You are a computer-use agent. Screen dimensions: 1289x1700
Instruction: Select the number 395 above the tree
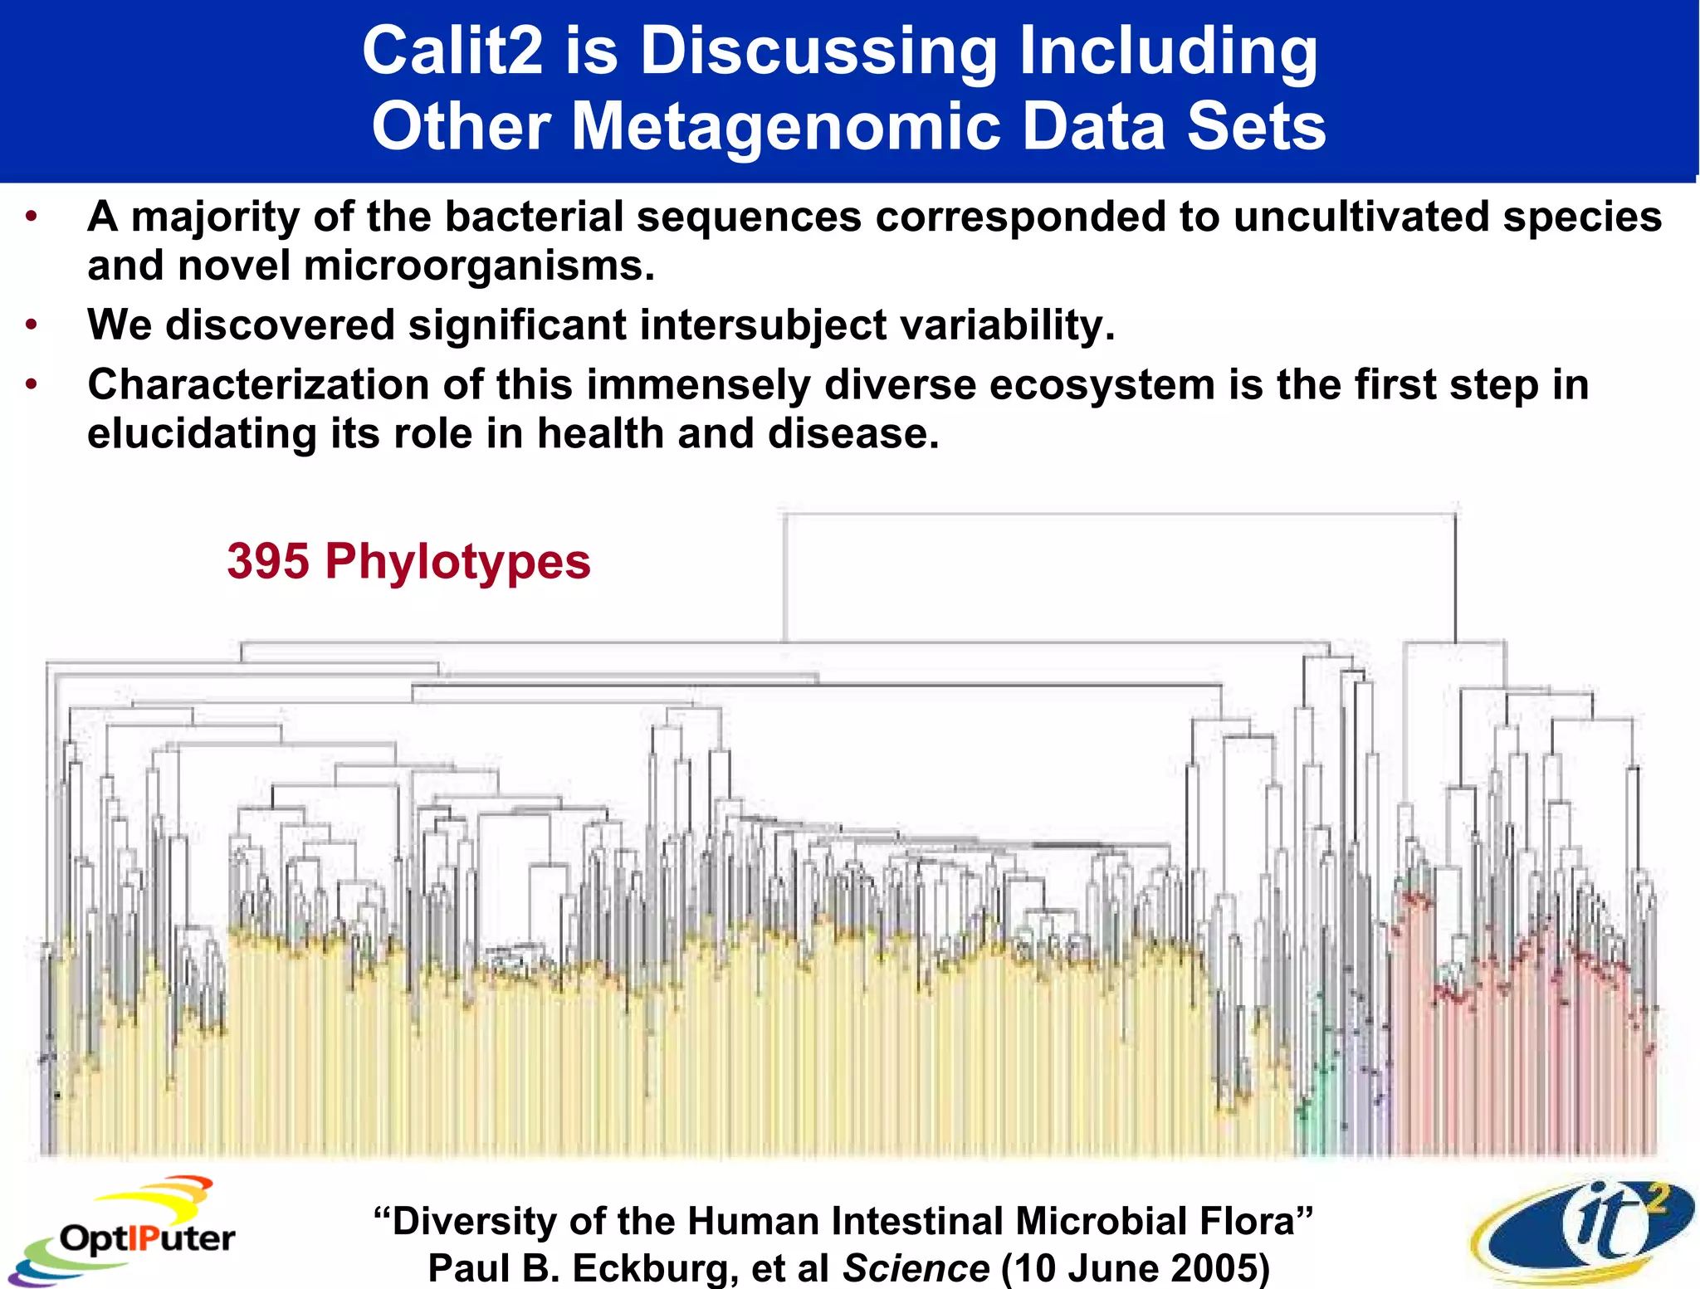pos(268,562)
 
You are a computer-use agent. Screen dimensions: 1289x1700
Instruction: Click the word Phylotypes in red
pos(457,563)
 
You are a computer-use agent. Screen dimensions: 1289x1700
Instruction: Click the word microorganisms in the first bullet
pos(479,266)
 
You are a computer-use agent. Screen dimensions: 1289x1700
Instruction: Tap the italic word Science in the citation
pos(916,1268)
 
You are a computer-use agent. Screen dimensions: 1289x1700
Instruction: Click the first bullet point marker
pos(32,217)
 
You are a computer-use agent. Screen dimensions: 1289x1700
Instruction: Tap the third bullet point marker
pos(32,385)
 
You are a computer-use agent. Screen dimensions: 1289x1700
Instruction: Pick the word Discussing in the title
pos(818,51)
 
